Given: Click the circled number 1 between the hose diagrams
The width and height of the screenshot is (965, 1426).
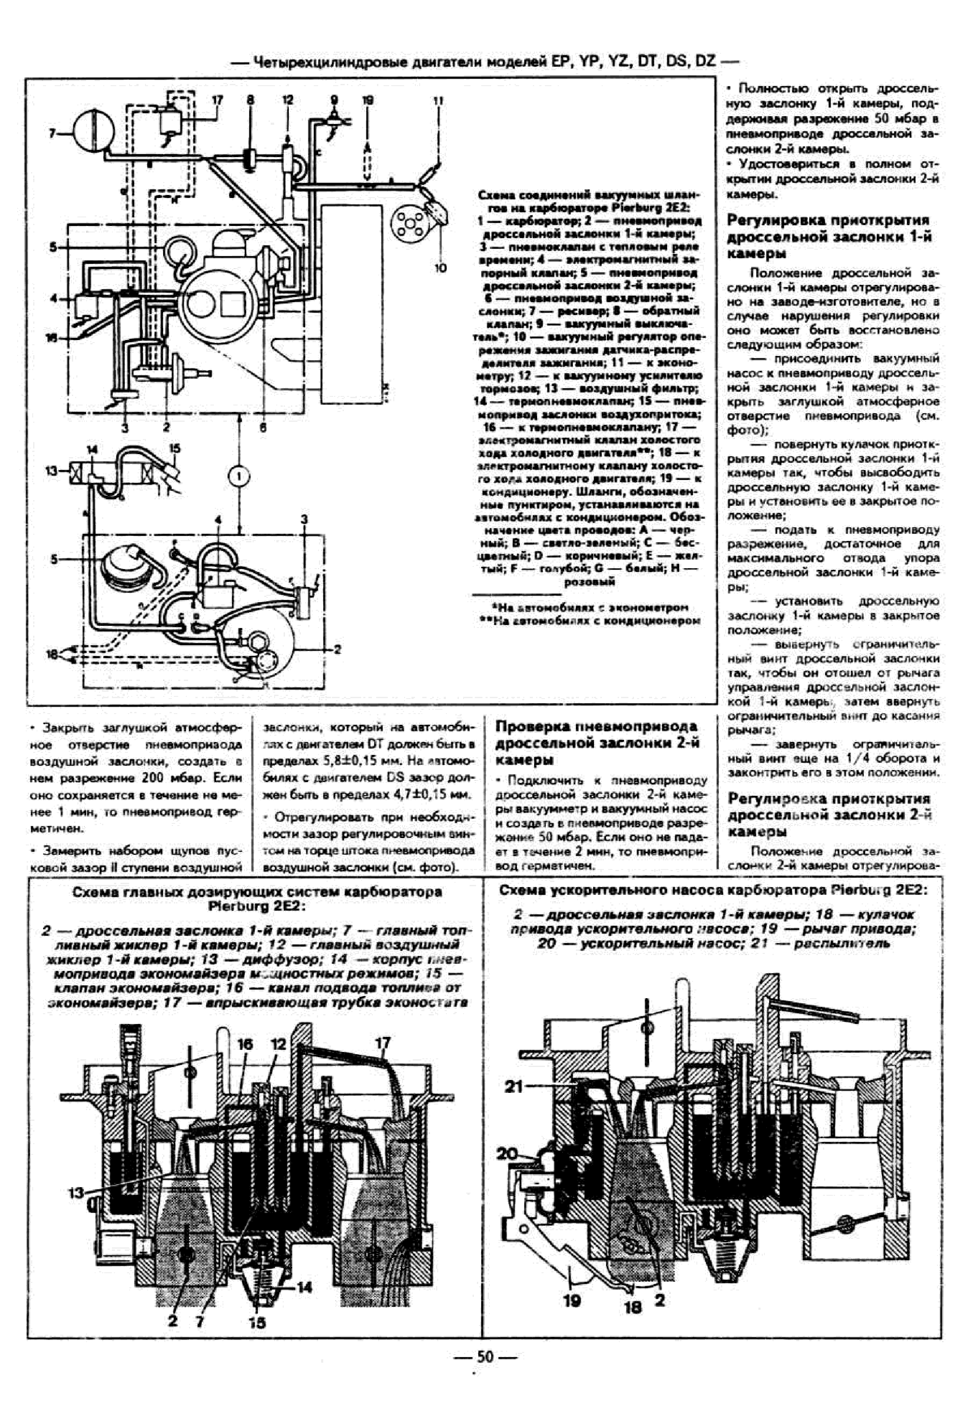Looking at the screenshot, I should point(240,476).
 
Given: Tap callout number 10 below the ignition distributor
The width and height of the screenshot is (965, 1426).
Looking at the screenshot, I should point(440,268).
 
